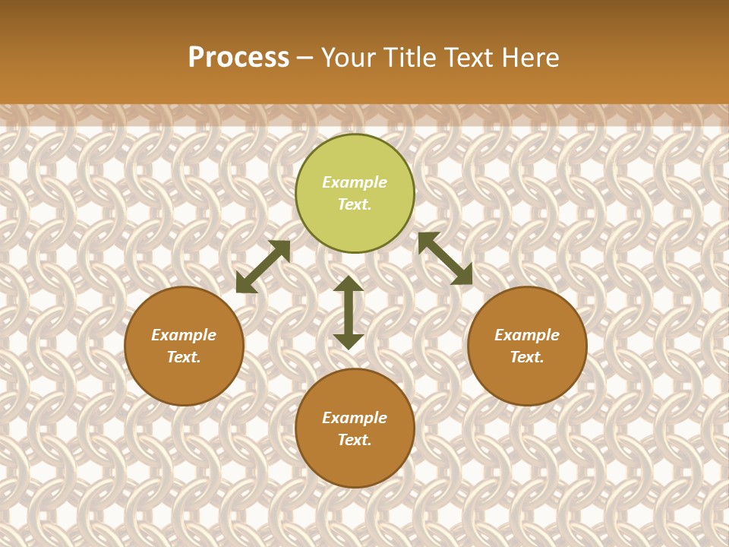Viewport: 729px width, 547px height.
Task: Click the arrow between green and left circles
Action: tap(263, 267)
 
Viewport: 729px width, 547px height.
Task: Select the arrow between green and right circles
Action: tap(445, 258)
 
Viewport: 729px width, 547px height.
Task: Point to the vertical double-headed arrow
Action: tap(349, 312)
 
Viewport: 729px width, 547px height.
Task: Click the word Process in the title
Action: tap(238, 57)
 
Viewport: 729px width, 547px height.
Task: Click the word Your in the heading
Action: tap(346, 57)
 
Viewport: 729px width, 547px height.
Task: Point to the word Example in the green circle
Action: tap(355, 182)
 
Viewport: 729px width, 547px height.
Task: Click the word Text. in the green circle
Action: tap(355, 204)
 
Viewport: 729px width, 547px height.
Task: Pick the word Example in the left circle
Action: tap(184, 335)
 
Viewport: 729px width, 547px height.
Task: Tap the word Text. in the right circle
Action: tap(527, 357)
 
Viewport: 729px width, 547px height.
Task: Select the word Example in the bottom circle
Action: tap(355, 418)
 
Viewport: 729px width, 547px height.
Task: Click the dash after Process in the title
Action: tap(305, 58)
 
